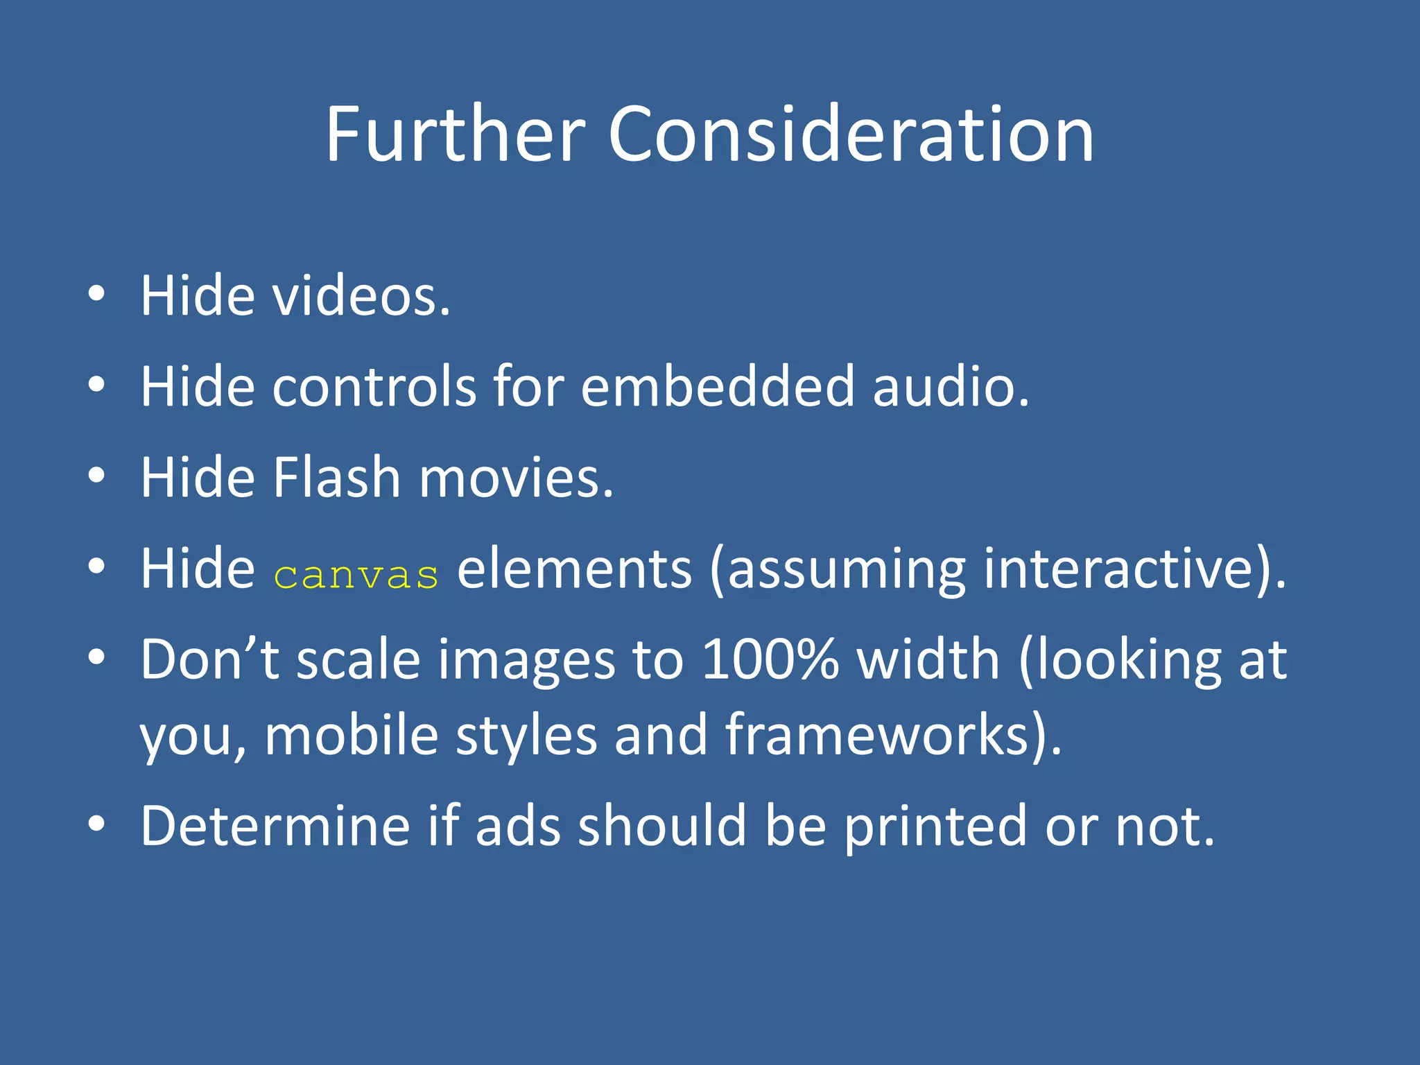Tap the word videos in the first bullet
coord(361,296)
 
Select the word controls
coord(374,386)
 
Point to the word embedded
coord(718,386)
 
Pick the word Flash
coord(337,478)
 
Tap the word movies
coord(516,478)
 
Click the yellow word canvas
coord(356,575)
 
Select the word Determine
coord(275,826)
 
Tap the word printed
coord(935,827)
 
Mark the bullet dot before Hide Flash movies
coord(96,476)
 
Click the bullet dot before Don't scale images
coord(96,656)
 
